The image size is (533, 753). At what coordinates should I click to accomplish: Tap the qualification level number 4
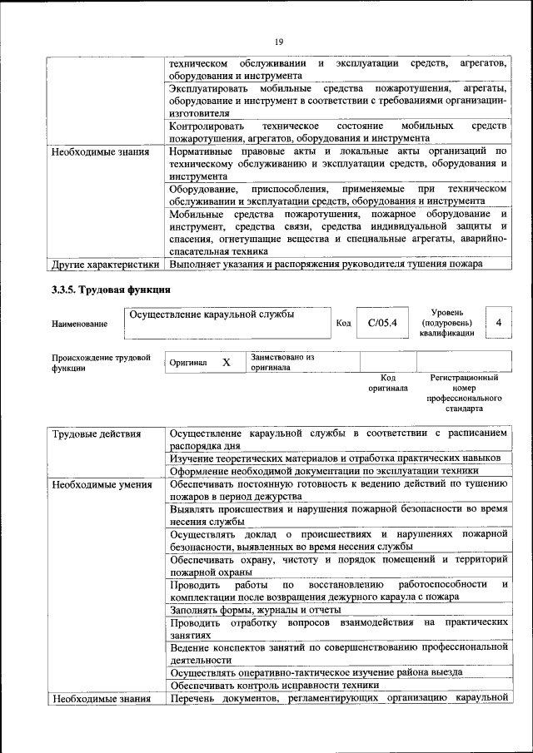pos(498,322)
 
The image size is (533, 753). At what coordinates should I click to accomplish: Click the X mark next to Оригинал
pos(227,363)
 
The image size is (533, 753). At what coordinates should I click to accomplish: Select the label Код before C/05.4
pos(343,323)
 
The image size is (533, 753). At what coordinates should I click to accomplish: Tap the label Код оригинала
pos(388,383)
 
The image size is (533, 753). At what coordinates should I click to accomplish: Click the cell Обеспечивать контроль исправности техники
pos(274,685)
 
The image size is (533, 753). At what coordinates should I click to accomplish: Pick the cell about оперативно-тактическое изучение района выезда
pos(316,671)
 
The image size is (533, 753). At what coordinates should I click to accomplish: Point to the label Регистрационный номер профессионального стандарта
pos(464,393)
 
